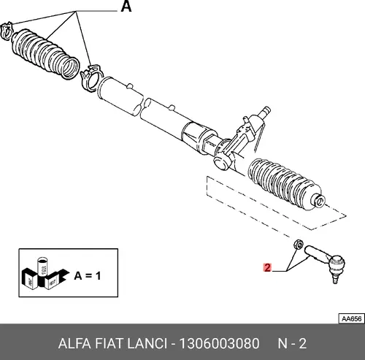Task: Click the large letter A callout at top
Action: click(x=126, y=7)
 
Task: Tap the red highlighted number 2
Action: click(x=267, y=267)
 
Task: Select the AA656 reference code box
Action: click(x=352, y=318)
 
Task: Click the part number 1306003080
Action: click(x=219, y=344)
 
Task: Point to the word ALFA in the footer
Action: click(x=74, y=344)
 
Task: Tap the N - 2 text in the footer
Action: click(x=292, y=344)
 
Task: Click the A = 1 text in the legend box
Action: click(x=88, y=276)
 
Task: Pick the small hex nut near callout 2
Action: click(x=299, y=244)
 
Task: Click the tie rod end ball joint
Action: click(x=337, y=264)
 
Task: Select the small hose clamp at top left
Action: click(x=7, y=30)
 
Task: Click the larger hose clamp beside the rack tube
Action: click(x=92, y=78)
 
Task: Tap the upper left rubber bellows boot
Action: click(x=45, y=54)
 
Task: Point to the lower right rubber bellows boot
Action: click(x=286, y=185)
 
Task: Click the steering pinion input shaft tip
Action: click(x=266, y=110)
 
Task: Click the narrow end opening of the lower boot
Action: click(x=320, y=201)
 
